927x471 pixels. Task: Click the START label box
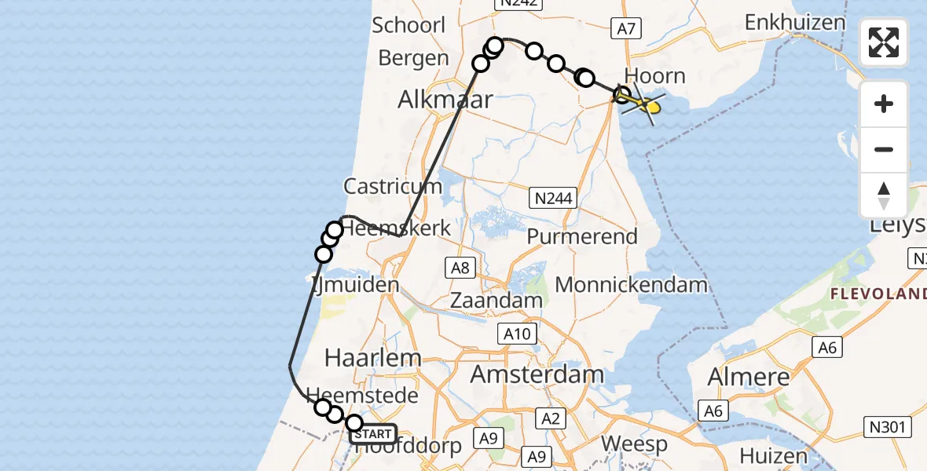pyautogui.click(x=373, y=434)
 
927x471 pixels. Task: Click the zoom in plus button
pyautogui.click(x=884, y=104)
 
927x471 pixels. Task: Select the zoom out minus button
pyautogui.click(x=884, y=149)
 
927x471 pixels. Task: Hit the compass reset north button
pyautogui.click(x=884, y=195)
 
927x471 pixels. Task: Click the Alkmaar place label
pyautogui.click(x=445, y=99)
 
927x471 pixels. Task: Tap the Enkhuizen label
pyautogui.click(x=794, y=22)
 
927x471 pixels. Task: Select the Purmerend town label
pyautogui.click(x=582, y=236)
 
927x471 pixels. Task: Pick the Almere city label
pyautogui.click(x=748, y=377)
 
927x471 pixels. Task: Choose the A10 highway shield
pyautogui.click(x=517, y=334)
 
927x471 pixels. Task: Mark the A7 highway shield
pyautogui.click(x=625, y=29)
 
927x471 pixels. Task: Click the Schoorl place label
pyautogui.click(x=409, y=24)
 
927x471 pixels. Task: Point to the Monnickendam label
pyautogui.click(x=632, y=284)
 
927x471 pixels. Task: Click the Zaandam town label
pyautogui.click(x=496, y=300)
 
